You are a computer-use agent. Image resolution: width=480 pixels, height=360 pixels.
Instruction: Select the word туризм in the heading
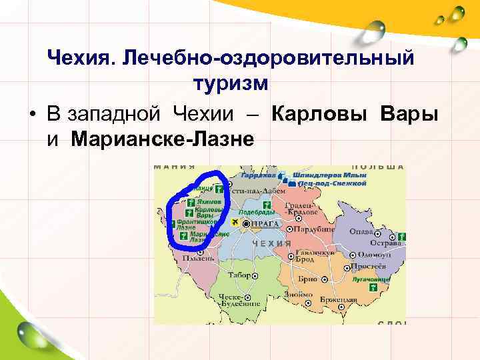[230, 84]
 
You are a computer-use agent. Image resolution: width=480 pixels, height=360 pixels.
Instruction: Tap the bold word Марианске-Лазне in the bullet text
[161, 139]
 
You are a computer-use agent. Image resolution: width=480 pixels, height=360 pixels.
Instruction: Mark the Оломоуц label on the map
[373, 255]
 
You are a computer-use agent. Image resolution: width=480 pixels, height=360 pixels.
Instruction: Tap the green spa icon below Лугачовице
[373, 286]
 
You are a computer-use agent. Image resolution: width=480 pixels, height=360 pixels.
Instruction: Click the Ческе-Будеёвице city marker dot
[247, 295]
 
